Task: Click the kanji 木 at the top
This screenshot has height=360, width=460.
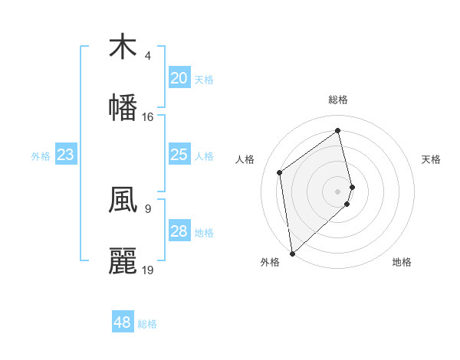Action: pyautogui.click(x=123, y=47)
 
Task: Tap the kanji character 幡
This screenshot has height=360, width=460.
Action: pyautogui.click(x=123, y=106)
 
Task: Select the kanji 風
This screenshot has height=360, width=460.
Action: pyautogui.click(x=123, y=198)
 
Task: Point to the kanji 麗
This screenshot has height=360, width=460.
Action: pyautogui.click(x=123, y=260)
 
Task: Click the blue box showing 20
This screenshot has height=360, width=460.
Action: pyautogui.click(x=179, y=78)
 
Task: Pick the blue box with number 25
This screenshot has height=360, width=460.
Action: pyautogui.click(x=179, y=155)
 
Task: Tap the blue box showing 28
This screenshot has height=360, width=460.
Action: pyautogui.click(x=179, y=231)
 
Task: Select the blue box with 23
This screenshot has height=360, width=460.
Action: pyautogui.click(x=65, y=155)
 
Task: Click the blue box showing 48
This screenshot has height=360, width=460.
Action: pyautogui.click(x=122, y=322)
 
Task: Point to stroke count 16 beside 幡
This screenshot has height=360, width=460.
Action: pyautogui.click(x=148, y=117)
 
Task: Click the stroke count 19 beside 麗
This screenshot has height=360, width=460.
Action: pyautogui.click(x=148, y=270)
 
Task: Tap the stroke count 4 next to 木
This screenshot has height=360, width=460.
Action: pyautogui.click(x=148, y=56)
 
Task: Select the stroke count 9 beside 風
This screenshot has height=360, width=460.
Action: pyautogui.click(x=148, y=208)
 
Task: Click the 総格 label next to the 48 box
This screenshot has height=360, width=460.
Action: pyautogui.click(x=147, y=324)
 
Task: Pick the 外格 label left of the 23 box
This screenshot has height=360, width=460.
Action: pyautogui.click(x=41, y=156)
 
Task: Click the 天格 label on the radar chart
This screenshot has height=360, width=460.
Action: pyautogui.click(x=432, y=159)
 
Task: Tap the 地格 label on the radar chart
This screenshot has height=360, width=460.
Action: pyautogui.click(x=402, y=262)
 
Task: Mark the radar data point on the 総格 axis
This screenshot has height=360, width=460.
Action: pyautogui.click(x=338, y=131)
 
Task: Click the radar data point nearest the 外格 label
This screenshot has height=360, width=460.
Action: pyautogui.click(x=292, y=253)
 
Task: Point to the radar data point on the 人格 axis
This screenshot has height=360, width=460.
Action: pyautogui.click(x=280, y=172)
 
